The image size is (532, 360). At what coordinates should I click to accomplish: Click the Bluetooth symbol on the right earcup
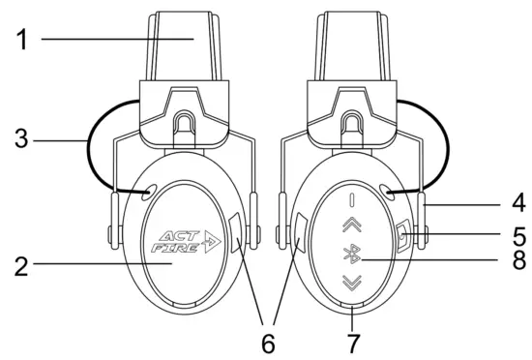point(352,255)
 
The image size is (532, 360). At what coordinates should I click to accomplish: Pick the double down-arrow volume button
point(352,284)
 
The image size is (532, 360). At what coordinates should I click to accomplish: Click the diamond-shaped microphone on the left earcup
point(237,233)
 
